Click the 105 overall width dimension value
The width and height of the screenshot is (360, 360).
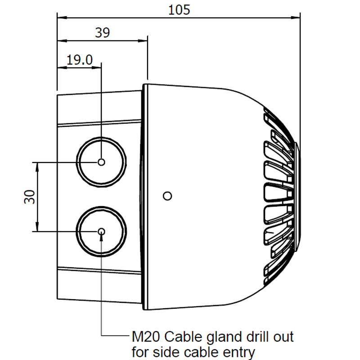(x=179, y=10)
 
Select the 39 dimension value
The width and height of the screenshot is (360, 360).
(x=103, y=32)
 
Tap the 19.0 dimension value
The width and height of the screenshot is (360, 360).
(x=80, y=59)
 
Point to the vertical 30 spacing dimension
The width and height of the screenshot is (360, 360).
(x=30, y=197)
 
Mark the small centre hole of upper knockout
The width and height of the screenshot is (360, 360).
(x=101, y=162)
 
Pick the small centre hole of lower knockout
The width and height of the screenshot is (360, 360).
(x=101, y=231)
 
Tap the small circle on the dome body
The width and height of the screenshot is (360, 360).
(x=167, y=196)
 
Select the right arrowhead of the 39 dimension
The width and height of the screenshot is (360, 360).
(x=144, y=40)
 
